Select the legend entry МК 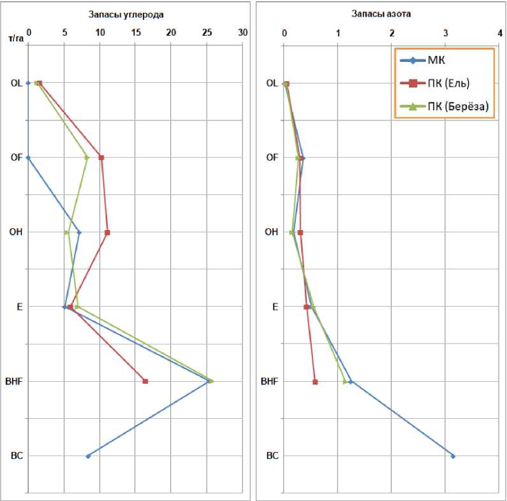click(436, 61)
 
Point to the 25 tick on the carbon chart click(207, 31)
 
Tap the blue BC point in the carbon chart click(88, 456)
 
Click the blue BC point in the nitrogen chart click(453, 456)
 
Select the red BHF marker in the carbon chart click(145, 381)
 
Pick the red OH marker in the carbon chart click(107, 233)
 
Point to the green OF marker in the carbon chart click(87, 157)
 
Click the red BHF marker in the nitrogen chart click(315, 382)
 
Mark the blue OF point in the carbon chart click(28, 157)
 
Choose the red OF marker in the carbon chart click(101, 157)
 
